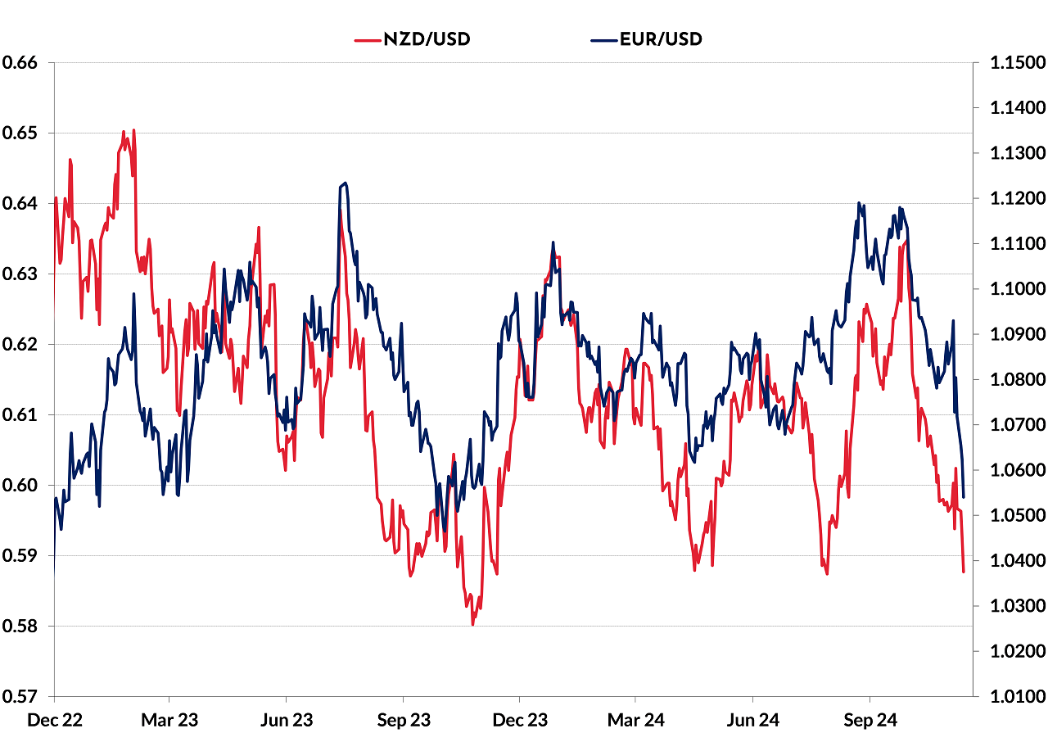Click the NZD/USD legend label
pyautogui.click(x=427, y=38)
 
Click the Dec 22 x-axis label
pyautogui.click(x=55, y=719)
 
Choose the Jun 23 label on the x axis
pyautogui.click(x=286, y=719)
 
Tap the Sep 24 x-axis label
pyautogui.click(x=870, y=719)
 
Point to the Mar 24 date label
pyautogui.click(x=636, y=719)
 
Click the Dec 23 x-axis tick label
pyautogui.click(x=520, y=719)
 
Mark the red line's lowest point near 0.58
pyautogui.click(x=472, y=624)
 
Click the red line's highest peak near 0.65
pyautogui.click(x=124, y=131)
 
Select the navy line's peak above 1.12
pyautogui.click(x=346, y=183)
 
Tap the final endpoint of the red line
pyautogui.click(x=964, y=571)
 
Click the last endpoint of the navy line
pyautogui.click(x=964, y=497)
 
